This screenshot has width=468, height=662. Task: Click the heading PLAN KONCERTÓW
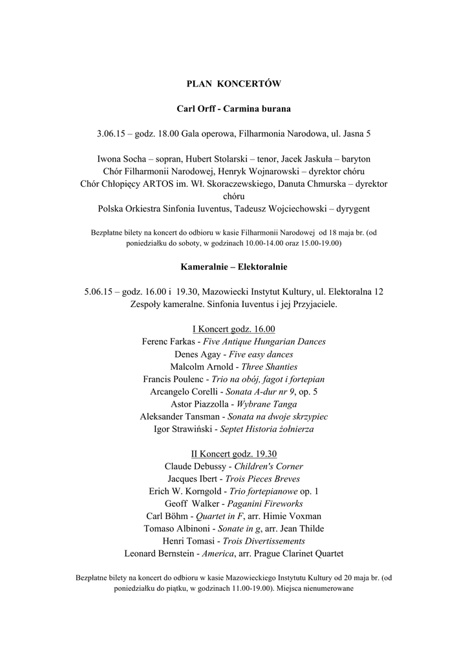coord(233,83)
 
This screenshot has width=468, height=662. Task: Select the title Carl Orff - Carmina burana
coord(233,109)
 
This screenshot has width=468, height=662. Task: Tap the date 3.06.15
coord(110,134)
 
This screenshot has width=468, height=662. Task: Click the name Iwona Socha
coord(121,159)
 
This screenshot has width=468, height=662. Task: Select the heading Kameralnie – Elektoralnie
coord(233,266)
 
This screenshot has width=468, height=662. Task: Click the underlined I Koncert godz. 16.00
coord(233,329)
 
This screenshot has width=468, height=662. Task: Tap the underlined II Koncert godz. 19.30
coord(233,454)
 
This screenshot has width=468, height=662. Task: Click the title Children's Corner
coord(268,466)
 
